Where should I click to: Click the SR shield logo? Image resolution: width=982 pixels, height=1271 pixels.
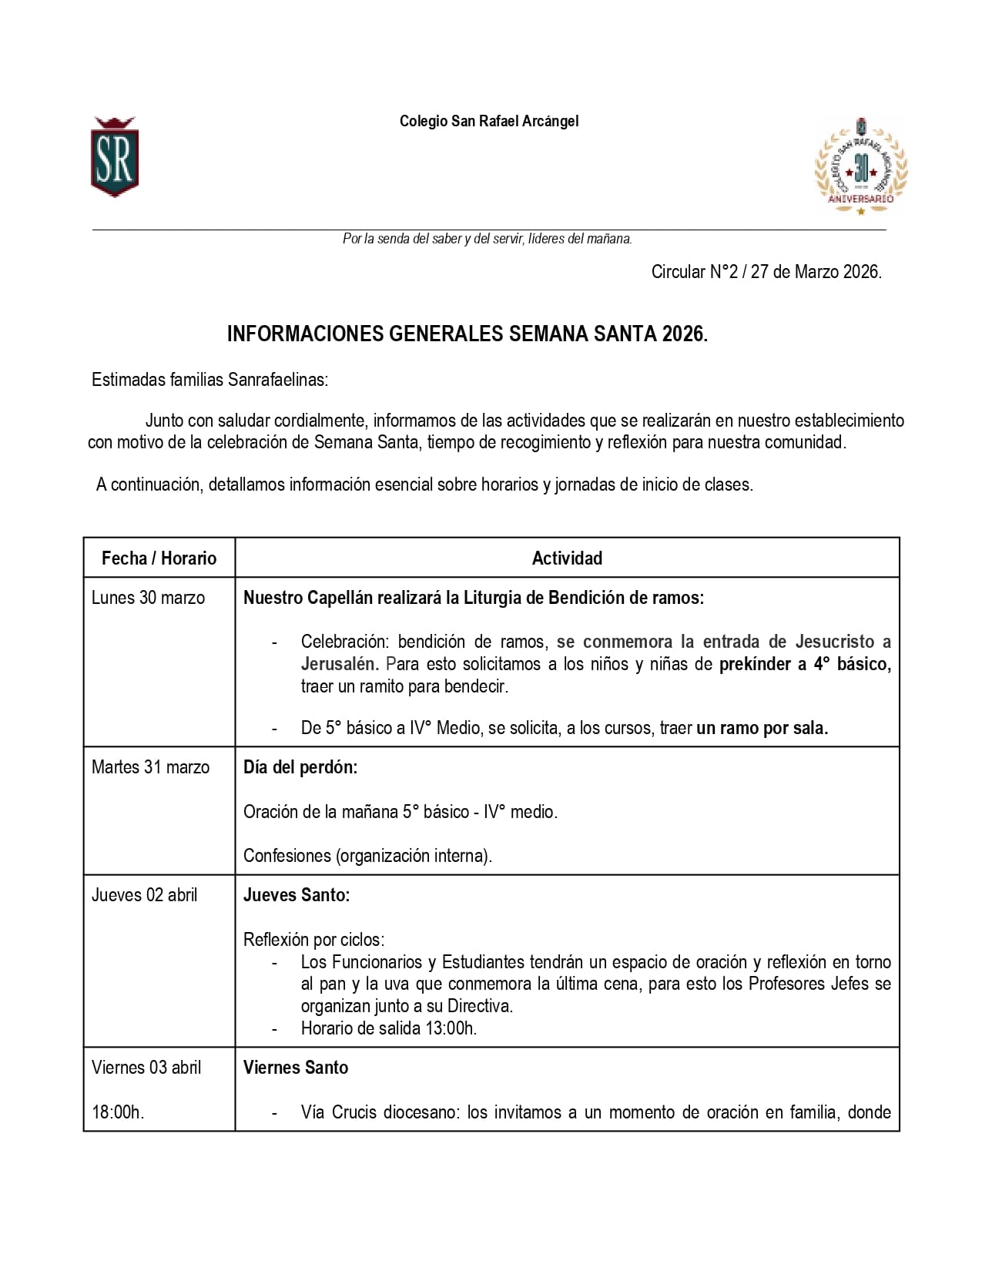click(x=114, y=158)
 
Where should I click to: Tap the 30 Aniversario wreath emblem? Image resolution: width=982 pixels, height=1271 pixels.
click(x=861, y=166)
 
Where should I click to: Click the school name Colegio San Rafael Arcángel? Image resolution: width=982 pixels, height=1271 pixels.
click(x=488, y=121)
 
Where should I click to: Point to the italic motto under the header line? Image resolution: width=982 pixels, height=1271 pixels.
click(x=487, y=239)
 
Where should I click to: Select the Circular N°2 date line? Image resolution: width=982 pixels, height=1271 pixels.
click(x=766, y=272)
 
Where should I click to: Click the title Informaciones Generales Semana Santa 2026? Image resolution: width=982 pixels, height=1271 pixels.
click(x=467, y=334)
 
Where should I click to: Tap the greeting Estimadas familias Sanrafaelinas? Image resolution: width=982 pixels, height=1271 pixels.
click(x=209, y=380)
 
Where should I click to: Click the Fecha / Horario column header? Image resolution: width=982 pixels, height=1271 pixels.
click(x=159, y=558)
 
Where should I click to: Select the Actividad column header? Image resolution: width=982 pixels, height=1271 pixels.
click(x=567, y=558)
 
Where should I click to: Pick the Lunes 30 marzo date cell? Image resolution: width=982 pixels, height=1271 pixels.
click(x=148, y=598)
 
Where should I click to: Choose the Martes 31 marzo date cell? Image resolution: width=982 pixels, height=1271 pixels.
click(x=150, y=767)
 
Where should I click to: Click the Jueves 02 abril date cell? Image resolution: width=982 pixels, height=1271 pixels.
click(x=144, y=895)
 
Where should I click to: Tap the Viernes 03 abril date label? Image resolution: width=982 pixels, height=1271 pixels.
click(x=146, y=1068)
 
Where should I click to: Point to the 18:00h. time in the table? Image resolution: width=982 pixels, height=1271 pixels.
click(x=118, y=1112)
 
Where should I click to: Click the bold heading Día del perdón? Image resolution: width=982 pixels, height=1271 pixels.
click(x=300, y=767)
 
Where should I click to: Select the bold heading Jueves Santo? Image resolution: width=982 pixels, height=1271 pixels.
click(x=297, y=895)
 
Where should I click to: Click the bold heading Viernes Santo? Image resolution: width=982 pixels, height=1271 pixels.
click(x=296, y=1068)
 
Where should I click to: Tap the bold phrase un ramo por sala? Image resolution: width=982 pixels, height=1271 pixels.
click(x=762, y=728)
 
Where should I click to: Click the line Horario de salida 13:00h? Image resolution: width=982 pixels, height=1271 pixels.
click(x=389, y=1028)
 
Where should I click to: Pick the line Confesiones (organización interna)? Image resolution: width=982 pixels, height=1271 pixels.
click(x=367, y=856)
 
